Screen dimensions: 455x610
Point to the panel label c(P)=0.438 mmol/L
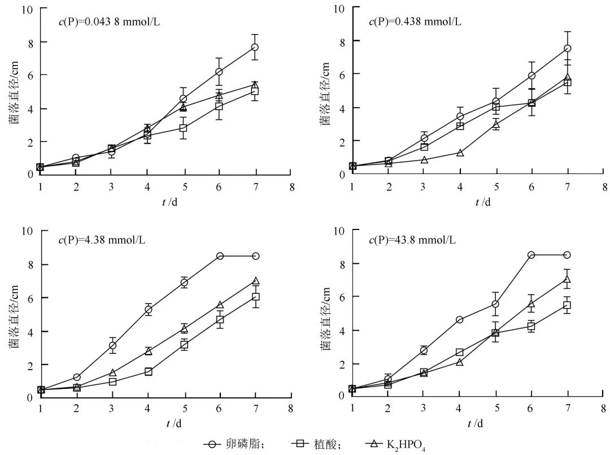coord(415,22)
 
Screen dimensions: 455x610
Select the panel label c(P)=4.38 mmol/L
coord(102,240)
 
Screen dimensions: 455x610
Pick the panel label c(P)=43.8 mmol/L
coord(412,240)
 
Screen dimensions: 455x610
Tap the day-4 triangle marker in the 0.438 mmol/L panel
coord(460,153)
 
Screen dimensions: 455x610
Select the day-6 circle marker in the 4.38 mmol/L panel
coord(220,256)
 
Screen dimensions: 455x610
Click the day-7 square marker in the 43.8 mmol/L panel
coord(567,305)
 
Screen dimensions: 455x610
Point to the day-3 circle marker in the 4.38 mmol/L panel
coord(112,345)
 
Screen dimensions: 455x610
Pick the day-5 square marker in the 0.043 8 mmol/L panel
coord(183,128)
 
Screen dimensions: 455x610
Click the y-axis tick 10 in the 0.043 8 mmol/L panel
coord(27,10)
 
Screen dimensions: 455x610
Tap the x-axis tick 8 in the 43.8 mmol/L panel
coord(604,406)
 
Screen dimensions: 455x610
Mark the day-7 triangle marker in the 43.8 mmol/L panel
coord(567,279)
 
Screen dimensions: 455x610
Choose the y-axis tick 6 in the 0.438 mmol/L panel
coord(339,74)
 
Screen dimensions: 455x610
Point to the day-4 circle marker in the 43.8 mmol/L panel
coord(459,320)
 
